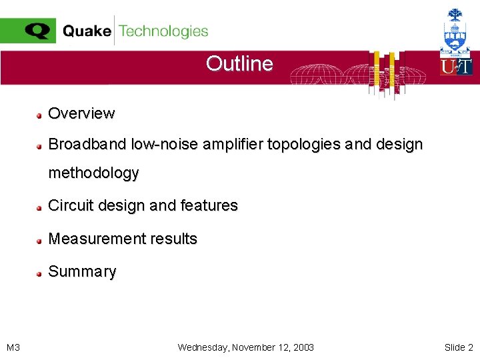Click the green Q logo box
click(x=28, y=31)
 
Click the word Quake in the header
click(x=87, y=31)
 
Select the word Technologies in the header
click(x=163, y=31)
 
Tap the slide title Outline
click(x=239, y=63)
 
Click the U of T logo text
click(x=456, y=67)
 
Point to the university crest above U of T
click(x=456, y=30)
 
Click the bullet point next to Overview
click(x=40, y=114)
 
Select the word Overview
click(x=81, y=113)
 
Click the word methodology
click(x=93, y=173)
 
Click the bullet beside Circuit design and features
click(x=40, y=207)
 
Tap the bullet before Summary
click(x=40, y=273)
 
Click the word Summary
click(x=82, y=271)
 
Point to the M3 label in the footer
click(x=13, y=347)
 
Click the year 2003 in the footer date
click(x=302, y=347)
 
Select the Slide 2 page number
click(x=459, y=347)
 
